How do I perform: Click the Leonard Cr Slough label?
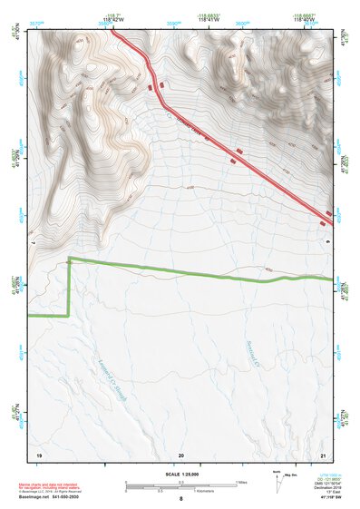(x=111, y=377)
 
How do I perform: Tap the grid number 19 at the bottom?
(x=39, y=453)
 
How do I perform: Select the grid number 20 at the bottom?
(x=181, y=453)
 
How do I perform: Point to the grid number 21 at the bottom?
(x=324, y=453)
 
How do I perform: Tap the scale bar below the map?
(x=180, y=487)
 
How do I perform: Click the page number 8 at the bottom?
(x=181, y=499)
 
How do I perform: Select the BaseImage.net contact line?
(x=51, y=497)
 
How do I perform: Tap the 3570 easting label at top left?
(x=35, y=18)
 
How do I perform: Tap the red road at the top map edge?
(x=112, y=28)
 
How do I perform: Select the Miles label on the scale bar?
(x=241, y=481)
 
